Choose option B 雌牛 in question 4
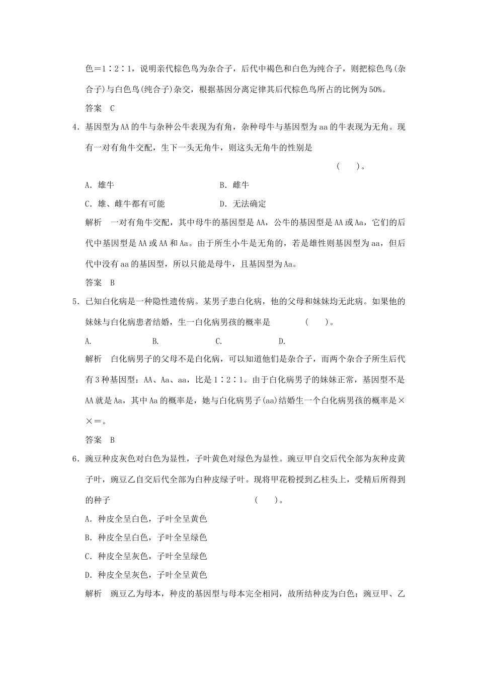click(x=234, y=185)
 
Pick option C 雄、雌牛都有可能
click(x=125, y=204)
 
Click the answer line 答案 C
click(x=100, y=108)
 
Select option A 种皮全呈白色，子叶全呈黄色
click(x=146, y=519)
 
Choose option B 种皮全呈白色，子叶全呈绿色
click(x=146, y=537)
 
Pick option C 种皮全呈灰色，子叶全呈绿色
click(x=146, y=556)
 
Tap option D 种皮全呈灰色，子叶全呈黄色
click(x=146, y=575)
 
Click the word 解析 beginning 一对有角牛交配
click(x=94, y=223)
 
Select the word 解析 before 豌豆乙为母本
click(x=94, y=594)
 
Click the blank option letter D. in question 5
click(x=282, y=341)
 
